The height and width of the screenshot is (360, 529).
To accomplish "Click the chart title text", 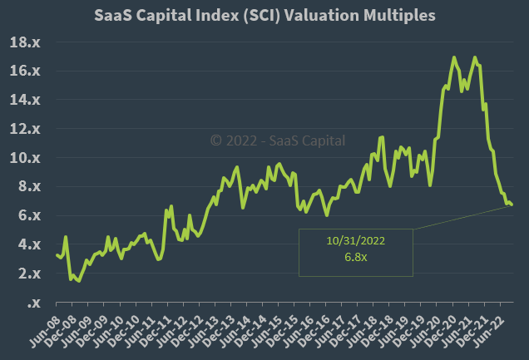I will tap(264, 15).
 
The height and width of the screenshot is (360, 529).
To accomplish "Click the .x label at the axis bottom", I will tap(35, 303).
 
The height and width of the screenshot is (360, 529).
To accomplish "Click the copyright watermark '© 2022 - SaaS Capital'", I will tap(277, 141).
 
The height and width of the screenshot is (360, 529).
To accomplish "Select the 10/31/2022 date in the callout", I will tap(356, 240).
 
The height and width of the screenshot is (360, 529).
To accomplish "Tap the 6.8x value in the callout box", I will tap(356, 257).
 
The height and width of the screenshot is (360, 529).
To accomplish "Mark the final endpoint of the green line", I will tap(512, 205).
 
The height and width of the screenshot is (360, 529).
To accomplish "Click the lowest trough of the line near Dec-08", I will tap(78, 281).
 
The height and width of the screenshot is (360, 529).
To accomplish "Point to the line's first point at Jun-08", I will tap(57, 255).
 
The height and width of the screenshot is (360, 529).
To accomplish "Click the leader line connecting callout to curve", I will tap(462, 217).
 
